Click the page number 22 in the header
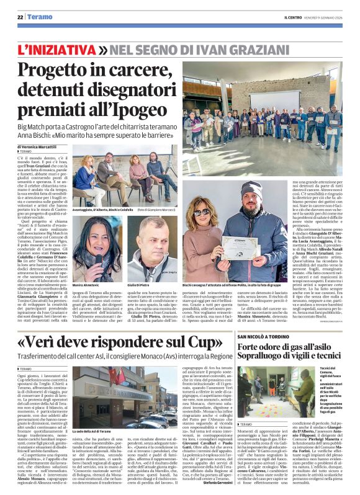click(x=20, y=18)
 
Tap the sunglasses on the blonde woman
click(x=202, y=213)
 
